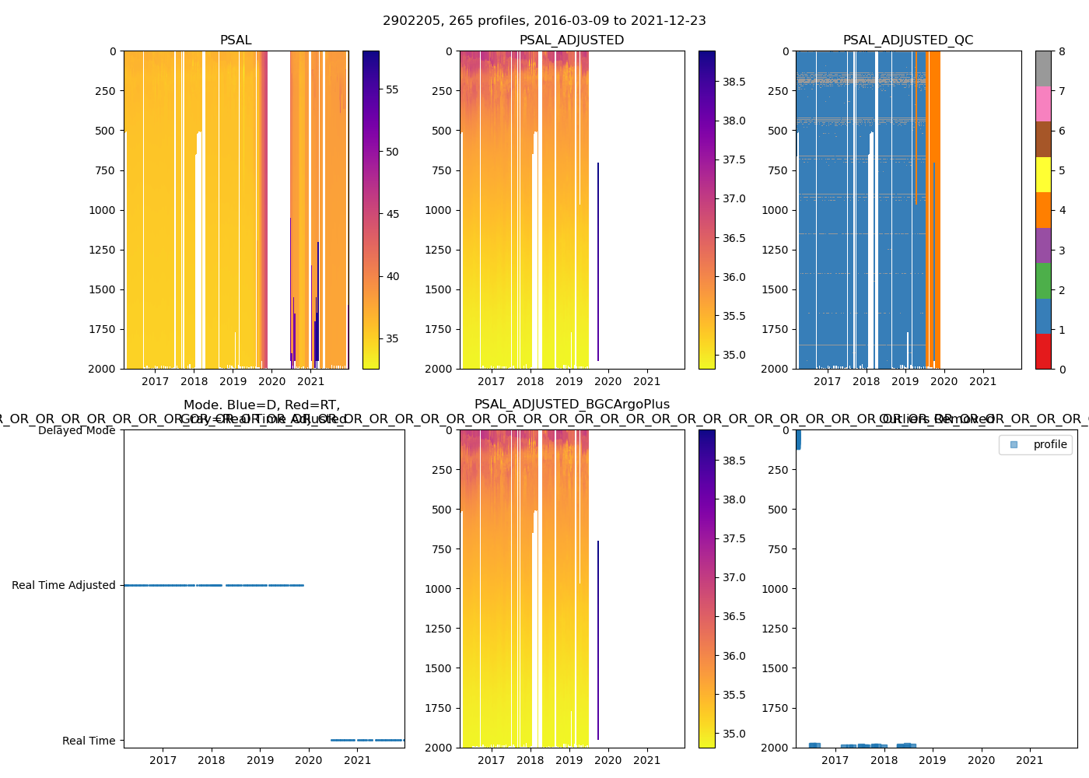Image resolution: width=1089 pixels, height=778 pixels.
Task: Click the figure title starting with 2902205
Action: tap(544, 21)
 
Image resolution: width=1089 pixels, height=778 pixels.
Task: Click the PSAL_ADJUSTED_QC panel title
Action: tap(908, 40)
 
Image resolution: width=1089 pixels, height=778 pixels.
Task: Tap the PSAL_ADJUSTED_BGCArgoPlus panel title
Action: tap(572, 405)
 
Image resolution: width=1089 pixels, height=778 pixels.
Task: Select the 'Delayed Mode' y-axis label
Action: tap(76, 430)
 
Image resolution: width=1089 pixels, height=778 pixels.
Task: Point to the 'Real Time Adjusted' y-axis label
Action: tap(63, 585)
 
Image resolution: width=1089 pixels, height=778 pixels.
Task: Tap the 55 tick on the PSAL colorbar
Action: tap(392, 89)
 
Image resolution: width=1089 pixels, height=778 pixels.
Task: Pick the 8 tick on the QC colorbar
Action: tap(1062, 51)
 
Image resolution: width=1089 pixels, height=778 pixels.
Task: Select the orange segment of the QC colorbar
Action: tap(1043, 210)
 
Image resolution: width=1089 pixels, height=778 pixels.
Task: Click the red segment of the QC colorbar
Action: tap(1043, 352)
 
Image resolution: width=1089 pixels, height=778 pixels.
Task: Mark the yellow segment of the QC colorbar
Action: tap(1043, 174)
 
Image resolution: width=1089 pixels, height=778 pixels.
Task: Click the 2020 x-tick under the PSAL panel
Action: tap(271, 381)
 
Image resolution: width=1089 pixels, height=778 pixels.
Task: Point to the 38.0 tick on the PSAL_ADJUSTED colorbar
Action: tap(734, 121)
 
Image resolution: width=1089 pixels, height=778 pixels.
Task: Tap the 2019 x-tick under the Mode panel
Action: tap(260, 760)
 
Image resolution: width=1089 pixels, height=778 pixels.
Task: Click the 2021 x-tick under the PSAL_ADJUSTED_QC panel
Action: tap(982, 381)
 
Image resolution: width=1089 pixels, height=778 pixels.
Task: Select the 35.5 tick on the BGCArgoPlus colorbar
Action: tap(734, 695)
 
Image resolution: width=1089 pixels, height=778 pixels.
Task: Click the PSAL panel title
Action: tap(236, 40)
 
